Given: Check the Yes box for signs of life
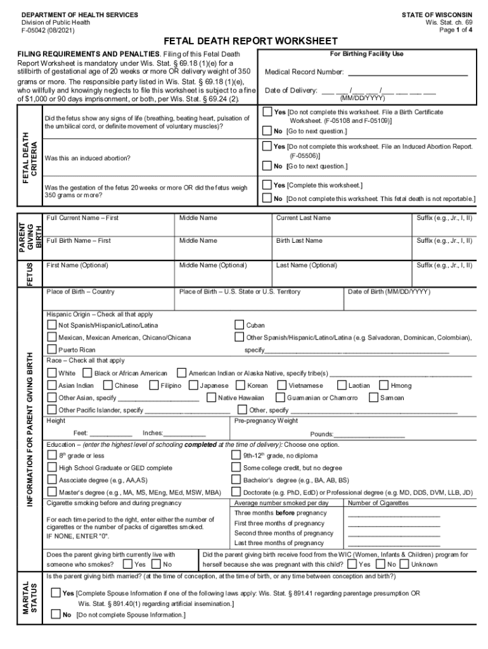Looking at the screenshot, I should click(267, 112).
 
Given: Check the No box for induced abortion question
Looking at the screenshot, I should click(267, 166).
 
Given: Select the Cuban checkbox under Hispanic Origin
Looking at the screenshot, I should click(240, 325).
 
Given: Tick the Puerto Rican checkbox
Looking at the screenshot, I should click(52, 349).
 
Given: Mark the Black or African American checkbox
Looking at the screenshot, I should click(87, 373).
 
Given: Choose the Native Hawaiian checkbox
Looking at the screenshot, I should click(211, 397).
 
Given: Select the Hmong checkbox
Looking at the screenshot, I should click(383, 385).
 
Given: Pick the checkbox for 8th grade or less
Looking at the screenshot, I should click(52, 455).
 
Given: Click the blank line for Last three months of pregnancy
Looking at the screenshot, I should click(394, 544).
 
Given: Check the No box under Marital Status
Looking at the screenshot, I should click(56, 615).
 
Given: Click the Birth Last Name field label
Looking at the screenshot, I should click(299, 241).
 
